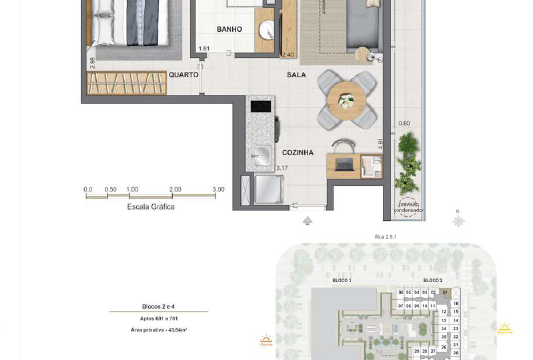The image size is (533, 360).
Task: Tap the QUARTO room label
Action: coord(182,74)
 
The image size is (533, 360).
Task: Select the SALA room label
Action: coord(296,74)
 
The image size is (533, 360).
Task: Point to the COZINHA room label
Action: coord(297,152)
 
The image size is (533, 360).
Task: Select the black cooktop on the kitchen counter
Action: coord(260,105)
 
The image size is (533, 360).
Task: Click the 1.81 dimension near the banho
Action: coord(204,48)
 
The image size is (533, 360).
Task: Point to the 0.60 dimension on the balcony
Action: coord(404,123)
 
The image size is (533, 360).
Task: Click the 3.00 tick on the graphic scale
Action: coord(219,188)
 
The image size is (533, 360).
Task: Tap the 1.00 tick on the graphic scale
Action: coord(132,188)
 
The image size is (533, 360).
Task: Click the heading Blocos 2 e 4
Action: coord(159,307)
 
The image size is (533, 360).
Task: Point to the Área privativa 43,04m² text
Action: coord(159,328)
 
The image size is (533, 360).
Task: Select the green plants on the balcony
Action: coord(408,165)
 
